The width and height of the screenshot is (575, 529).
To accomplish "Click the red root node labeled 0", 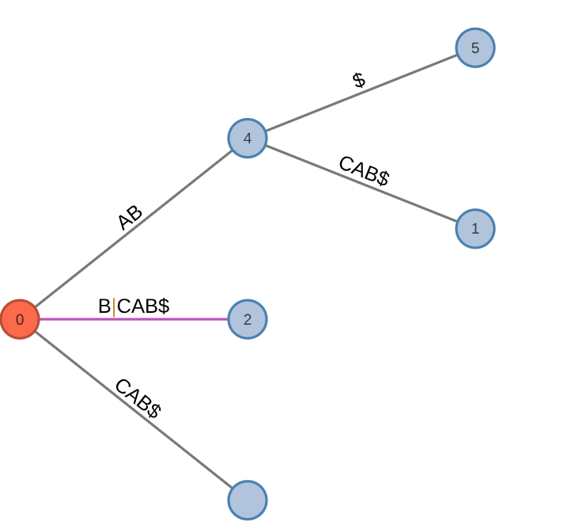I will pyautogui.click(x=20, y=319).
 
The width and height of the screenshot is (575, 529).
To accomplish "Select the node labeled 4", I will pyautogui.click(x=248, y=139).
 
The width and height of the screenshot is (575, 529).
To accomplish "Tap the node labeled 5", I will pyautogui.click(x=475, y=48).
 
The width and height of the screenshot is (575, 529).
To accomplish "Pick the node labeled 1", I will pyautogui.click(x=475, y=229).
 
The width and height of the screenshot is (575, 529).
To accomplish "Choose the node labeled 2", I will pyautogui.click(x=248, y=319).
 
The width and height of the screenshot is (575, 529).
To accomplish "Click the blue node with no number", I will pyautogui.click(x=248, y=500).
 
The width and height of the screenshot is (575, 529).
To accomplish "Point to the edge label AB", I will pyautogui.click(x=130, y=217).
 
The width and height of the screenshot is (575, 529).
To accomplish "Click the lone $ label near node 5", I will pyautogui.click(x=359, y=80).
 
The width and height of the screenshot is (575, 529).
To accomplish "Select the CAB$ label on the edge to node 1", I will pyautogui.click(x=364, y=170).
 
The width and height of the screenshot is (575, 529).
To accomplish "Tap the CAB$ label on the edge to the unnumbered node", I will pyautogui.click(x=138, y=398).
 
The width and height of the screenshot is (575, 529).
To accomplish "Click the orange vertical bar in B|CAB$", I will pyautogui.click(x=114, y=306).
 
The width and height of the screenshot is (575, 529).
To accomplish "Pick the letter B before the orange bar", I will pyautogui.click(x=104, y=306).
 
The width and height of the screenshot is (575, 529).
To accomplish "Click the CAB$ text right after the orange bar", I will pyautogui.click(x=143, y=306).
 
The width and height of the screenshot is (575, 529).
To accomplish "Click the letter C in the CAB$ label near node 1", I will pyautogui.click(x=345, y=163).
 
